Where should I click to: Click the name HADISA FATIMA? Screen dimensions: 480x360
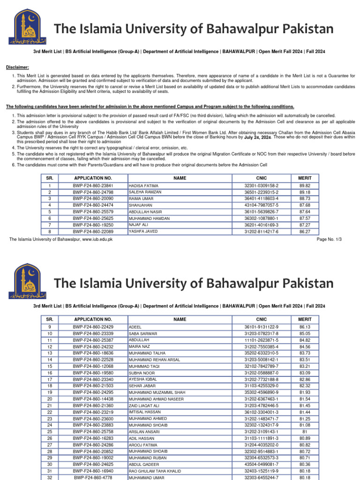click(x=142, y=186)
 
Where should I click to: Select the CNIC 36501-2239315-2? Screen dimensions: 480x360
click(x=261, y=192)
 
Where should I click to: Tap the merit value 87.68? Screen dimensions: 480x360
click(x=305, y=205)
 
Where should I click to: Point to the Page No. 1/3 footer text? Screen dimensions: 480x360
click(x=329, y=239)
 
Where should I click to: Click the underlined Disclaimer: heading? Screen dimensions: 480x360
click(x=17, y=67)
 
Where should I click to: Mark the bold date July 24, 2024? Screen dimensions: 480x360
click(x=257, y=138)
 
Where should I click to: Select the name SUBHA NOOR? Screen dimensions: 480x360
click(x=141, y=373)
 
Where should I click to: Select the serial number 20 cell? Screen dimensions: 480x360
click(x=50, y=399)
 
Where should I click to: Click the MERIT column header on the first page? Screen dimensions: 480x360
click(x=305, y=178)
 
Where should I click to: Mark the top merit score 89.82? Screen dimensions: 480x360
click(x=305, y=186)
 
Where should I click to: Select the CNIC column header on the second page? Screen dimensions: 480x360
click(x=261, y=319)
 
